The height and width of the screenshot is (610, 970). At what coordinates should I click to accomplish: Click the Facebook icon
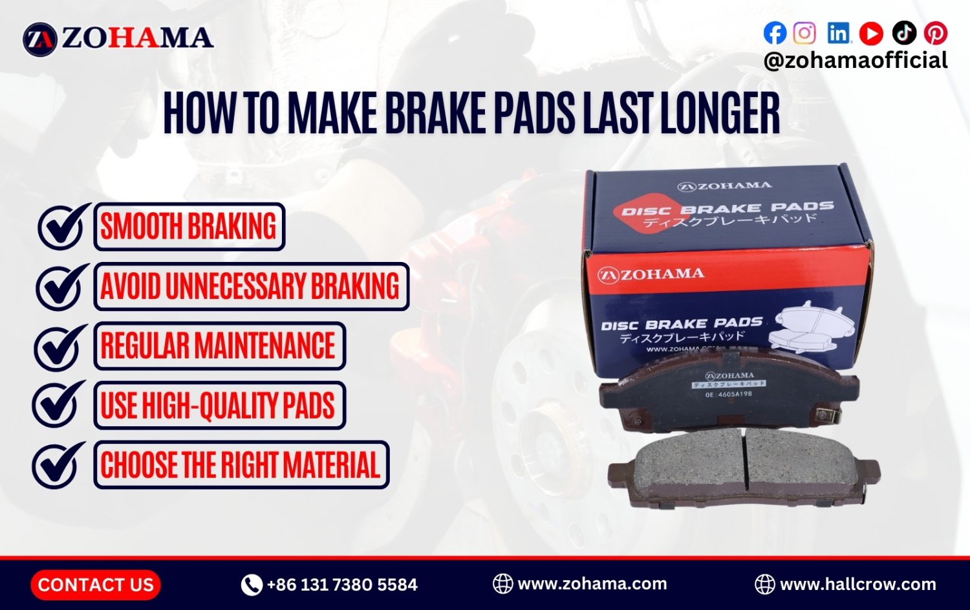pos(775,33)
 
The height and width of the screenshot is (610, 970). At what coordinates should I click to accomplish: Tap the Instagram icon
pos(804,33)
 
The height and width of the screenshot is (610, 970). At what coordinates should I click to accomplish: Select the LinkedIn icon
pos(838,33)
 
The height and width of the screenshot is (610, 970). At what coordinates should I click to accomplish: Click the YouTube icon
pos(871,33)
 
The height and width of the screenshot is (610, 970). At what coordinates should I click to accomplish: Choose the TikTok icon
pos(904,33)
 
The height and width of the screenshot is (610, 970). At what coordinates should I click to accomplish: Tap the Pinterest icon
pos(936,33)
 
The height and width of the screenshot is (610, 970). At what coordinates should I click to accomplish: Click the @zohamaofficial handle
pos(855,60)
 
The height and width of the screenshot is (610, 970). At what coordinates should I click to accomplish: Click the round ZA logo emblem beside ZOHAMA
pos(40,39)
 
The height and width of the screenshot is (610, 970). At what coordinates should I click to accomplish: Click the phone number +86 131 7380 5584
pos(342,585)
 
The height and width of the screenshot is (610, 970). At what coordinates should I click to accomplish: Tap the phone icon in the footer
pos(251,585)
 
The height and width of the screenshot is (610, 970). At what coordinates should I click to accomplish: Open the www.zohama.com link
pos(592,583)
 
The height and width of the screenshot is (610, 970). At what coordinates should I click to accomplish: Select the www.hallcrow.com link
pos(857,584)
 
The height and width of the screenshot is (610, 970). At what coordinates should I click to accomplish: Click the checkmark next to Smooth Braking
pos(63,226)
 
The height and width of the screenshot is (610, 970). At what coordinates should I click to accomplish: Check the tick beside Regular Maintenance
pos(59,346)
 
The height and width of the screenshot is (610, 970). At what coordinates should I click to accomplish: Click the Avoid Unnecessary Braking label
pos(251,287)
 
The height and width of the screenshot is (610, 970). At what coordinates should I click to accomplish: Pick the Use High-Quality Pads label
pos(219,406)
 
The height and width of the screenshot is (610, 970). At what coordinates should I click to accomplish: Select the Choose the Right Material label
pos(241,465)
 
